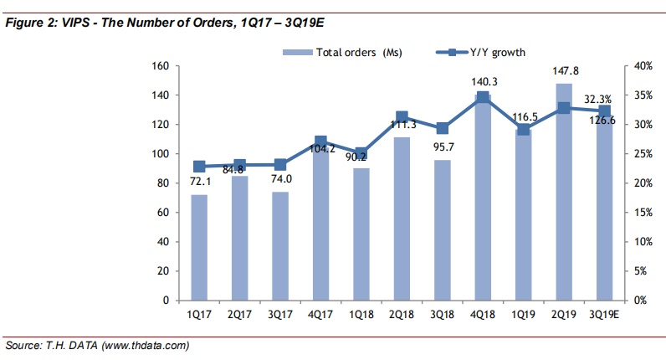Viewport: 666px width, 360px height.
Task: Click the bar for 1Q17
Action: pos(199,247)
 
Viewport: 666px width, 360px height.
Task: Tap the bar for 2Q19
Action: pos(564,192)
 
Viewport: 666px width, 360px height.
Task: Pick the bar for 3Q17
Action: pos(280,245)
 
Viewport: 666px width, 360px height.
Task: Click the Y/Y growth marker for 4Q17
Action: pos(320,142)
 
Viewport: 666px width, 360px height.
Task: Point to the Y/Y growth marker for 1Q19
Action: pos(524,129)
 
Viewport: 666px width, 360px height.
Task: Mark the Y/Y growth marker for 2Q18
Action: pos(402,118)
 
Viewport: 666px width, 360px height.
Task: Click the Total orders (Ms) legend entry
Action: pos(343,53)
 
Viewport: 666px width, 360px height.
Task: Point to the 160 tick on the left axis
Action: pos(162,66)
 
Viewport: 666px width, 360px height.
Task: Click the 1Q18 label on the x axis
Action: pos(361,315)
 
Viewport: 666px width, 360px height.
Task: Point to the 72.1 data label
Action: pos(199,183)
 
